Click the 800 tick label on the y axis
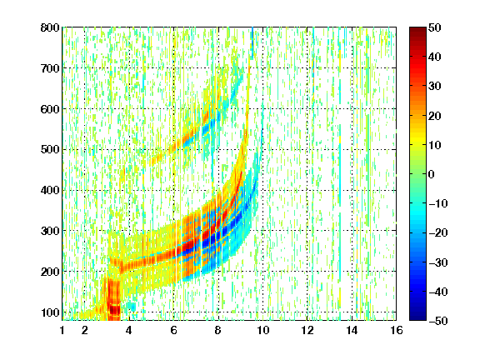point(50,27)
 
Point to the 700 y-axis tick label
point(50,68)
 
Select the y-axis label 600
point(50,109)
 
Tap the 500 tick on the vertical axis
point(50,150)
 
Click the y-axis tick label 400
point(50,190)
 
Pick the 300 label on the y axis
point(50,231)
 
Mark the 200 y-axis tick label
point(50,272)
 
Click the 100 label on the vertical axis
point(50,312)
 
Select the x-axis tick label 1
point(62,330)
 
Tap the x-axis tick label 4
point(128,330)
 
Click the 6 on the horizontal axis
point(173,330)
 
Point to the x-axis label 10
point(262,330)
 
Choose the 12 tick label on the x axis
point(307,330)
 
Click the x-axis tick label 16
point(397,330)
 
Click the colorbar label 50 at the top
point(434,27)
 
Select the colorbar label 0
point(432,174)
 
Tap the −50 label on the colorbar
point(438,321)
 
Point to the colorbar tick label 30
point(434,87)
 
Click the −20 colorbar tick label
point(438,232)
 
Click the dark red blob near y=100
point(115,310)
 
